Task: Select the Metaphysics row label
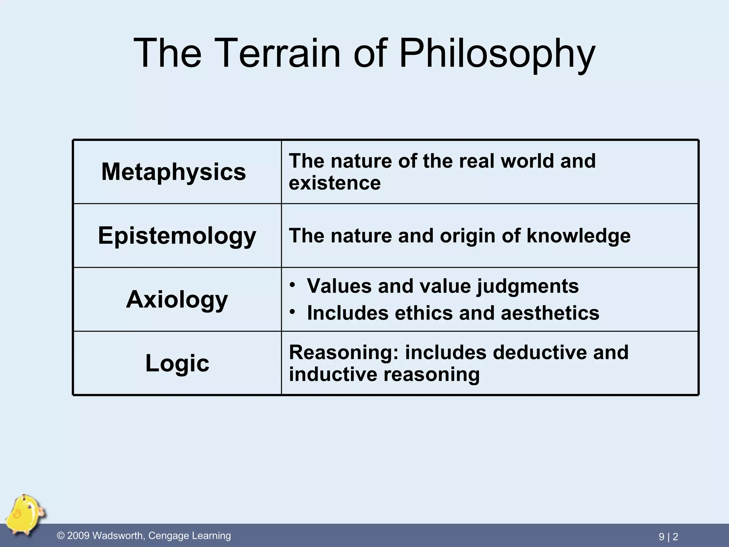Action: point(174,172)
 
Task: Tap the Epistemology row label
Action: point(177,236)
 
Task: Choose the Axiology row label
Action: point(177,299)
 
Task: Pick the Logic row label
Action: point(177,363)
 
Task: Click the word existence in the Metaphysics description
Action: point(335,183)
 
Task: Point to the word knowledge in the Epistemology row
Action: point(578,236)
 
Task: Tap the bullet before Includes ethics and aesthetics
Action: point(292,312)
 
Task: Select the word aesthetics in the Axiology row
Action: point(550,313)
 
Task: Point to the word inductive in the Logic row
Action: point(333,374)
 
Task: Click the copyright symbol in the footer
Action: point(61,536)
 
